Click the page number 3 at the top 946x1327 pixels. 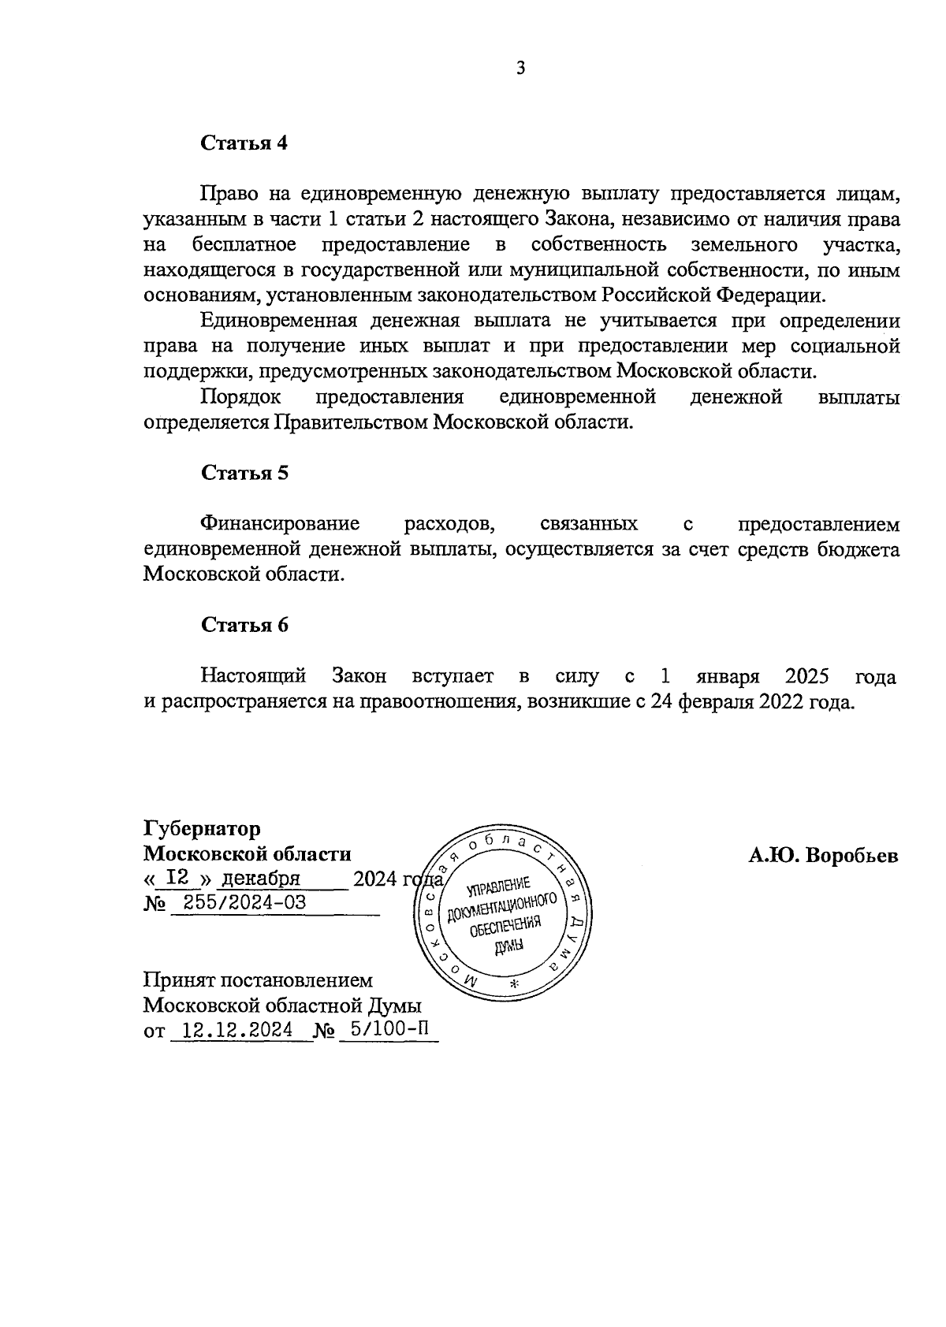(520, 68)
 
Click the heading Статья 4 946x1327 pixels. (244, 143)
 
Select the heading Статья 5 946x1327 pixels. (244, 473)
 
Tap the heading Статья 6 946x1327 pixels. (244, 625)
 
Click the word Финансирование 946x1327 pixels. (280, 524)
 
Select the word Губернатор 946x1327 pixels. (202, 829)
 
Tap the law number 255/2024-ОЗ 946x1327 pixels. (239, 903)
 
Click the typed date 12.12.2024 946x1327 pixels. (236, 1030)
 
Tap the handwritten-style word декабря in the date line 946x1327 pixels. (261, 879)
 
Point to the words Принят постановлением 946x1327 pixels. (258, 980)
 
